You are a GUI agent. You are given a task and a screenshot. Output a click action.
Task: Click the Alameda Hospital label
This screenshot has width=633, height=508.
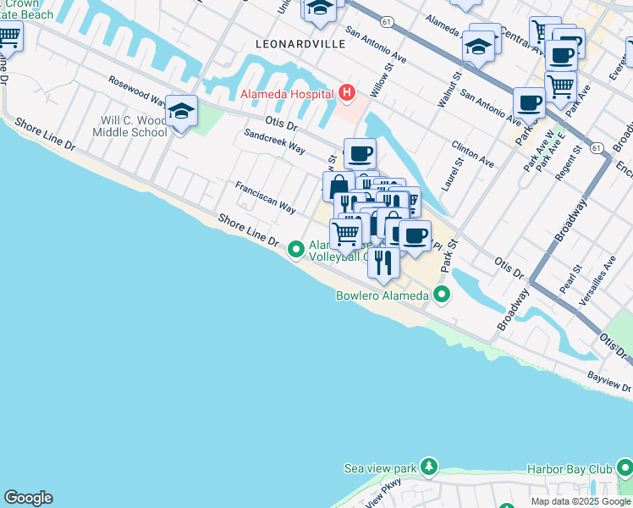tap(287, 93)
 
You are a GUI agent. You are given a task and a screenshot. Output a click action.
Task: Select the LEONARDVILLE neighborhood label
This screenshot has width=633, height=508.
tap(300, 42)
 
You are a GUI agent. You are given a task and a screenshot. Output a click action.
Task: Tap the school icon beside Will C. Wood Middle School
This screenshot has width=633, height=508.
tap(181, 112)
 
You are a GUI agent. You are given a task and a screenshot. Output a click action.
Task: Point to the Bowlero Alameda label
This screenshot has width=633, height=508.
tap(384, 295)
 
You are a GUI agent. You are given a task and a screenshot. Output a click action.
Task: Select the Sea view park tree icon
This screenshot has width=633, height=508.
tap(429, 467)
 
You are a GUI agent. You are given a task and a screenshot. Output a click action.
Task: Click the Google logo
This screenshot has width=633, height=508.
tap(28, 498)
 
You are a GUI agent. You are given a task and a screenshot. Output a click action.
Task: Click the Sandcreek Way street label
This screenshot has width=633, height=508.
tap(274, 141)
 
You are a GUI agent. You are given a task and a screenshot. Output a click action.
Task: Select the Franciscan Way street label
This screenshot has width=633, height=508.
tap(265, 196)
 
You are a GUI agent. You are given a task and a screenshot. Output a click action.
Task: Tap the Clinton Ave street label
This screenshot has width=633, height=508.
tap(472, 154)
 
